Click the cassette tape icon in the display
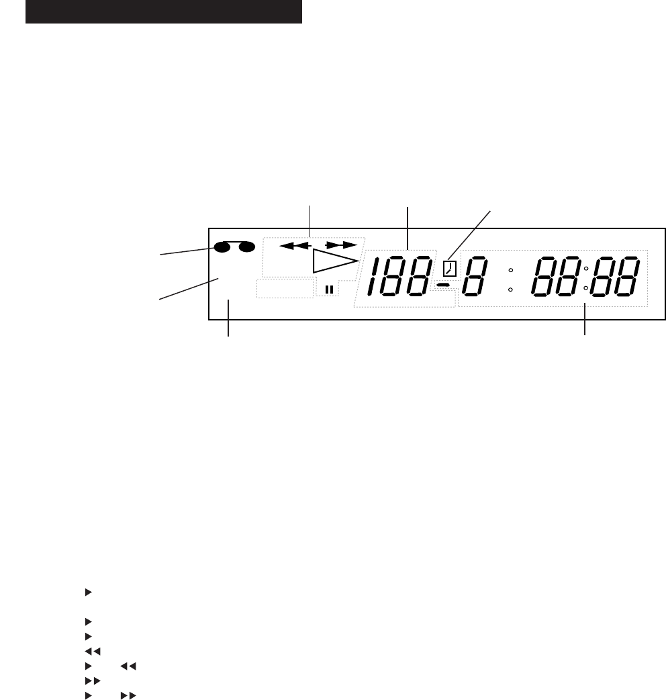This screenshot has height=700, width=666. tap(234, 247)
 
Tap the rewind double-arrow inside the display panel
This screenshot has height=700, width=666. tap(295, 245)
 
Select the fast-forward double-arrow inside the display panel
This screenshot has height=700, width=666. tap(341, 245)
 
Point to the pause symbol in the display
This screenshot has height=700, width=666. tap(329, 290)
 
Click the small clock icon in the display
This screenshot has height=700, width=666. tap(450, 269)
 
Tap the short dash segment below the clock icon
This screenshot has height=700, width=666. tap(443, 284)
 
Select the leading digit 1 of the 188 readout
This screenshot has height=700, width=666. tap(373, 276)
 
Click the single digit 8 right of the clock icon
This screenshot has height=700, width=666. tap(475, 276)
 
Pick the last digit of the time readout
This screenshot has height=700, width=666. tap(627, 276)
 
